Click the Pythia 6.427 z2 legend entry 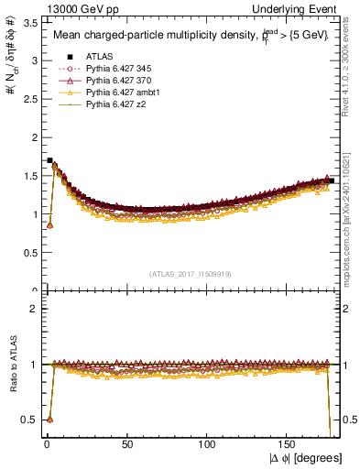click(x=116, y=105)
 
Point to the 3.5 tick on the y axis click(x=27, y=22)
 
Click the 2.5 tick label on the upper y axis click(x=27, y=99)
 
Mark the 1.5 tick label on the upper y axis click(x=27, y=176)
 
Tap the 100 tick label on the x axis click(x=208, y=444)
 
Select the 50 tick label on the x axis click(x=127, y=444)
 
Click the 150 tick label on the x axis click(x=289, y=444)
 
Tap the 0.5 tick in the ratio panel click(x=27, y=420)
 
